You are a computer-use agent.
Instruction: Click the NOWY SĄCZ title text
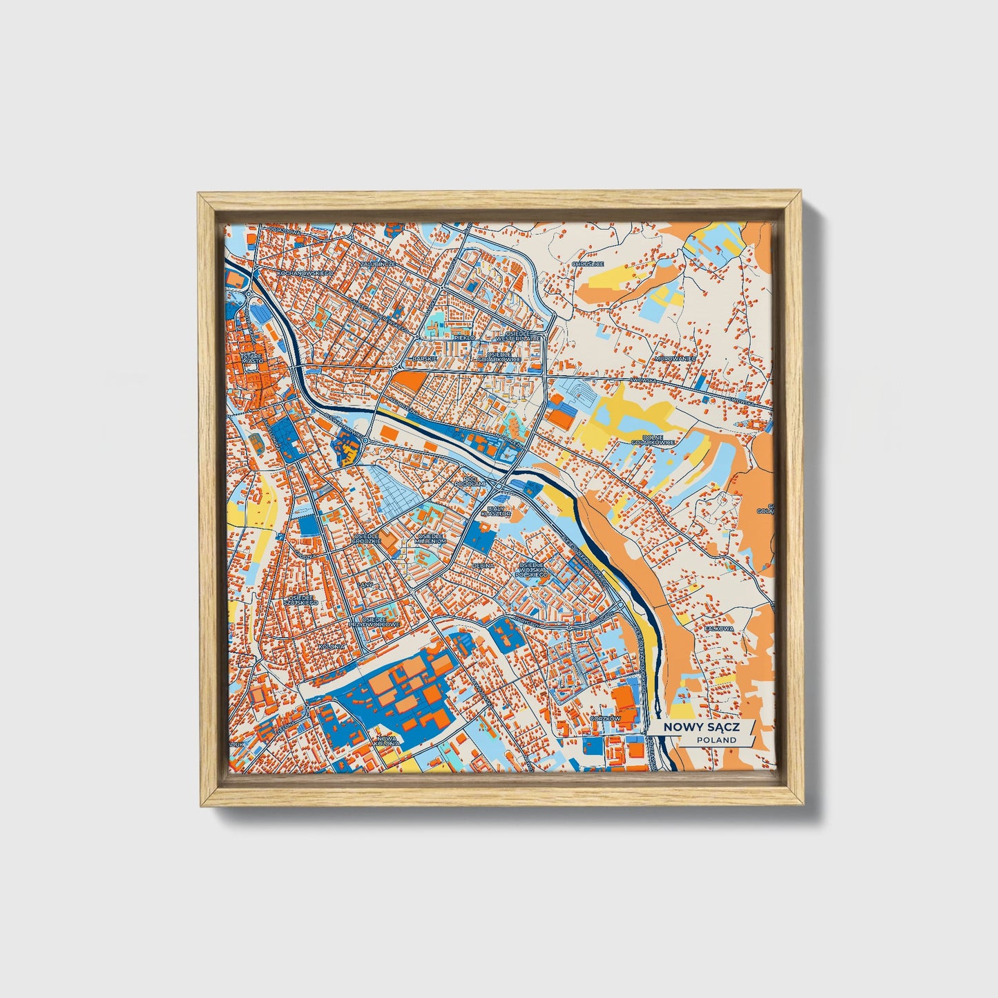(x=700, y=727)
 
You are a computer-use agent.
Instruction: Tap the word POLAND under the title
(x=716, y=740)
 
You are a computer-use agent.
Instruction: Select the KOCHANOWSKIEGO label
(x=304, y=273)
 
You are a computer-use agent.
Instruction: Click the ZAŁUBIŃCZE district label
(x=378, y=264)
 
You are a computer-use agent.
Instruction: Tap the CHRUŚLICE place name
(x=588, y=264)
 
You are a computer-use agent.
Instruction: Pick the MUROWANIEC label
(x=675, y=360)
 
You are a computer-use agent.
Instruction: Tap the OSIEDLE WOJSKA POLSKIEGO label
(x=531, y=569)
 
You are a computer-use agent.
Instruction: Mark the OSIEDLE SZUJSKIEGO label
(x=303, y=599)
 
